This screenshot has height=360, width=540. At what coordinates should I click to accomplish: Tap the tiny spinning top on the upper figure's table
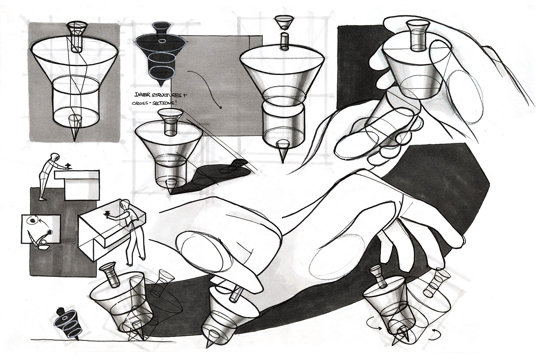coord(68,165)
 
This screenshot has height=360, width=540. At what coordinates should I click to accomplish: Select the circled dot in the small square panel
coord(32,220)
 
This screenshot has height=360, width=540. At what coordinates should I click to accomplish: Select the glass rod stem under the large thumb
coord(235,294)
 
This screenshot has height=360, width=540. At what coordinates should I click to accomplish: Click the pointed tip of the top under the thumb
coord(210,347)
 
